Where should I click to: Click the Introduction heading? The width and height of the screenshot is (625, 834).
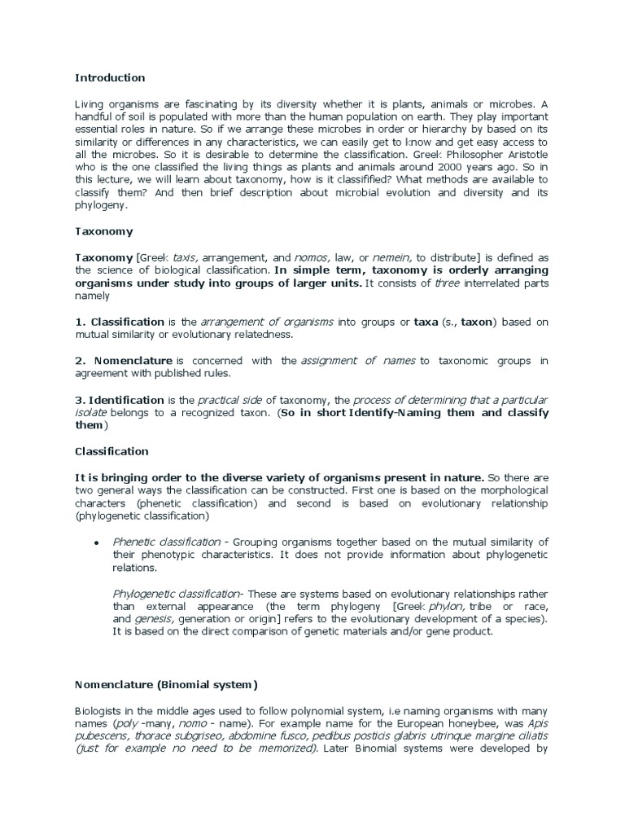pyautogui.click(x=110, y=78)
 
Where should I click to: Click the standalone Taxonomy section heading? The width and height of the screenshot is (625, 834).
pyautogui.click(x=103, y=231)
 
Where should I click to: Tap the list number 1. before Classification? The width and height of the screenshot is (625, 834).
pyautogui.click(x=81, y=322)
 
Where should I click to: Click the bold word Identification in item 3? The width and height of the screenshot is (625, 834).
pyautogui.click(x=126, y=400)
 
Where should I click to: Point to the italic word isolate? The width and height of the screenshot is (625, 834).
pyautogui.click(x=92, y=413)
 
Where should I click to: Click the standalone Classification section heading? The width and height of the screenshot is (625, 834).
pyautogui.click(x=112, y=451)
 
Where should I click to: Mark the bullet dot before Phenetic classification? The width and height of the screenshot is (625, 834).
pyautogui.click(x=97, y=542)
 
